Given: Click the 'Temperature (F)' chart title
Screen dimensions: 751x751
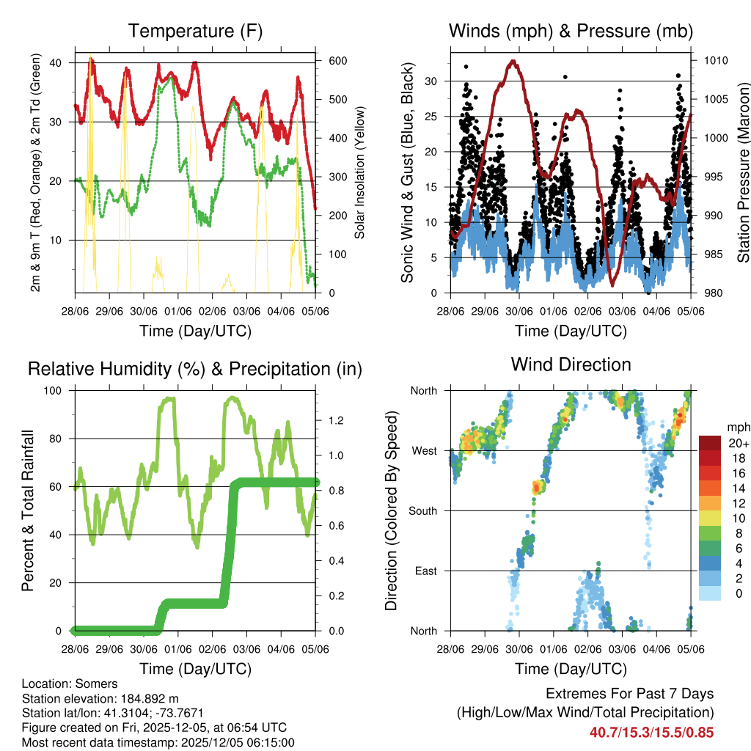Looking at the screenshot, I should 195,31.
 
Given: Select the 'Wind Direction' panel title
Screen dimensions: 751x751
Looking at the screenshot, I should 571,364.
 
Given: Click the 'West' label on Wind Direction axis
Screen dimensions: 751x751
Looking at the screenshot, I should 424,450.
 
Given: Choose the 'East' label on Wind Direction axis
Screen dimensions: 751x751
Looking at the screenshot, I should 425,571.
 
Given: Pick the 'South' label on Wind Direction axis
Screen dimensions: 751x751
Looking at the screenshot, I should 422,510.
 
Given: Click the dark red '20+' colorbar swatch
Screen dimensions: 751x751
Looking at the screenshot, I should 710,442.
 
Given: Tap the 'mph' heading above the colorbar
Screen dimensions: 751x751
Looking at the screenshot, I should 738,427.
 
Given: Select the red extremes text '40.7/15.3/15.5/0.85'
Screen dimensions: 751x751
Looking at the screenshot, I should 651,732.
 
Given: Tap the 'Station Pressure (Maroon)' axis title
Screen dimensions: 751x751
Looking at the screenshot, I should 742,172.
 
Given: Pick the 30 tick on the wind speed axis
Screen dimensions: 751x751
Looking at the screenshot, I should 433,81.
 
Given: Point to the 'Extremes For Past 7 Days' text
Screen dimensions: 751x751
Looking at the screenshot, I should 629,694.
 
